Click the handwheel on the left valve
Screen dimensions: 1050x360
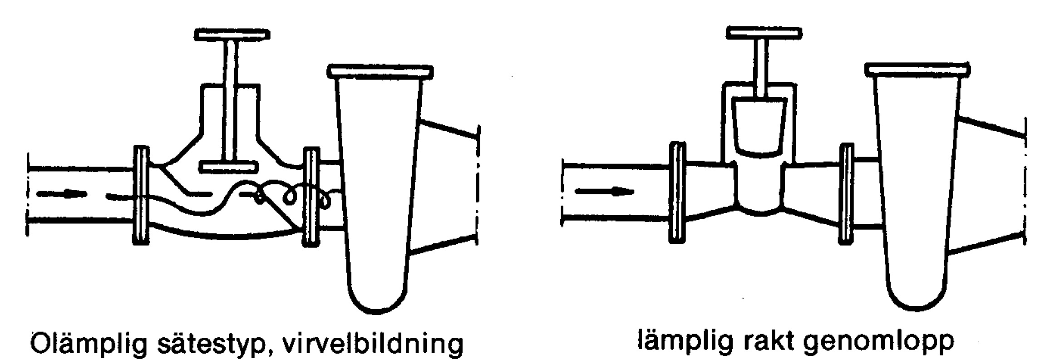(232, 34)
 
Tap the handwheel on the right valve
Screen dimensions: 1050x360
(764, 32)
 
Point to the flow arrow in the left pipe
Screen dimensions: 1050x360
(62, 193)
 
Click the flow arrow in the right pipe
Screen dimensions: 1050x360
(604, 191)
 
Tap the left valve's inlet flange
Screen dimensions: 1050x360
(141, 196)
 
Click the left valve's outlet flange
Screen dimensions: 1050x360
(311, 197)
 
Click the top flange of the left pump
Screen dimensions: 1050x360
(380, 72)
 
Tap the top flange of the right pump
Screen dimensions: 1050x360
(918, 69)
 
